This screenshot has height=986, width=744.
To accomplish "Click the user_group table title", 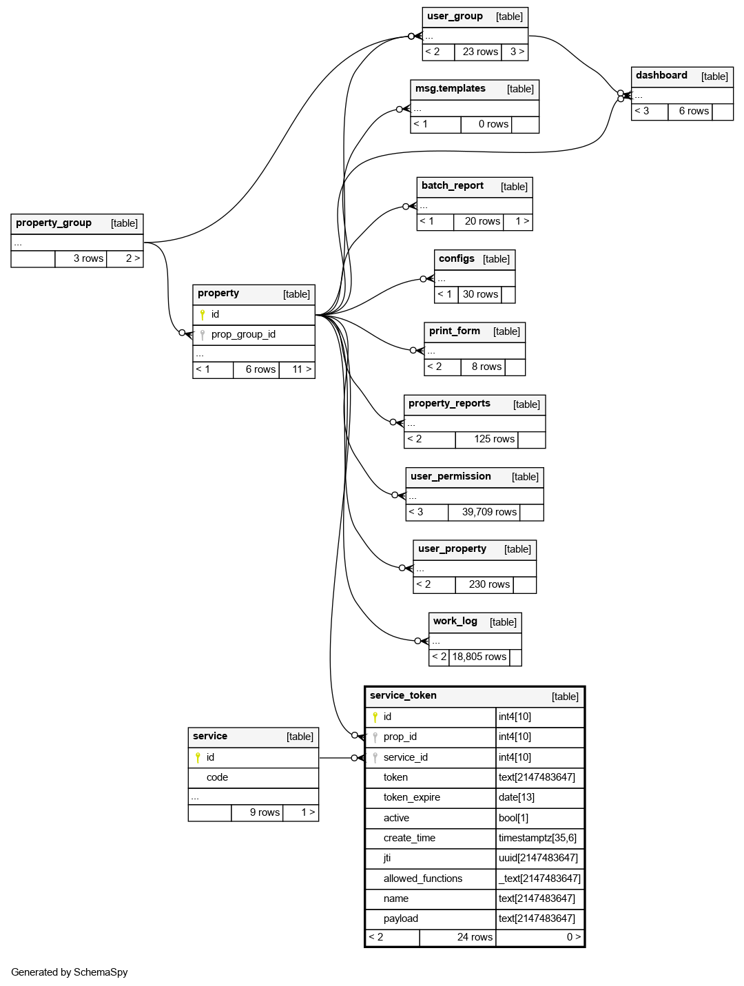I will (x=455, y=17).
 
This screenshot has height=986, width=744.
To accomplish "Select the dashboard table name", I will (x=661, y=76).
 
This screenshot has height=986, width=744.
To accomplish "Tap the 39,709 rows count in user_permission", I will (x=489, y=512).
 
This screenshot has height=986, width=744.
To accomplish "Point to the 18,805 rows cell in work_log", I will (x=479, y=657).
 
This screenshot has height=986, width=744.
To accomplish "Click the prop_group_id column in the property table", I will (x=243, y=334).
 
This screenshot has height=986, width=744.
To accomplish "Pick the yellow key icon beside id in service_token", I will (x=375, y=717).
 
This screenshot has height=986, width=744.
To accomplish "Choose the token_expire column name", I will (x=412, y=797).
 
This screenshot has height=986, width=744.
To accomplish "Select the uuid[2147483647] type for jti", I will (x=538, y=858).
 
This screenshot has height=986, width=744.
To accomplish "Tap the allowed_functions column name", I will (x=423, y=879).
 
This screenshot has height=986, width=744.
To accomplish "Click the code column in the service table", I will (x=217, y=777).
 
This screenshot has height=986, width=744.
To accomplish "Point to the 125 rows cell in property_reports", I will (x=494, y=439).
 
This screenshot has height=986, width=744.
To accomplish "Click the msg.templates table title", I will (x=451, y=89).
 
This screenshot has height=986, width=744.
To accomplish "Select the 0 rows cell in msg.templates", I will (x=493, y=124).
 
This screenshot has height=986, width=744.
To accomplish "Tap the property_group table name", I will (x=54, y=223).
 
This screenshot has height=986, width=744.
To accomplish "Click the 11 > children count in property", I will (x=302, y=369).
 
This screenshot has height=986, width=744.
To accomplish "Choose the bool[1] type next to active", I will (x=513, y=818).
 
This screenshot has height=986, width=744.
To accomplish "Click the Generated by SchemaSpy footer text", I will (x=70, y=972).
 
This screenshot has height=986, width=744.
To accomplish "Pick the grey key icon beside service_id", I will (x=375, y=757).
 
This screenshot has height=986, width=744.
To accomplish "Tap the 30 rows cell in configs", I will (x=480, y=294).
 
